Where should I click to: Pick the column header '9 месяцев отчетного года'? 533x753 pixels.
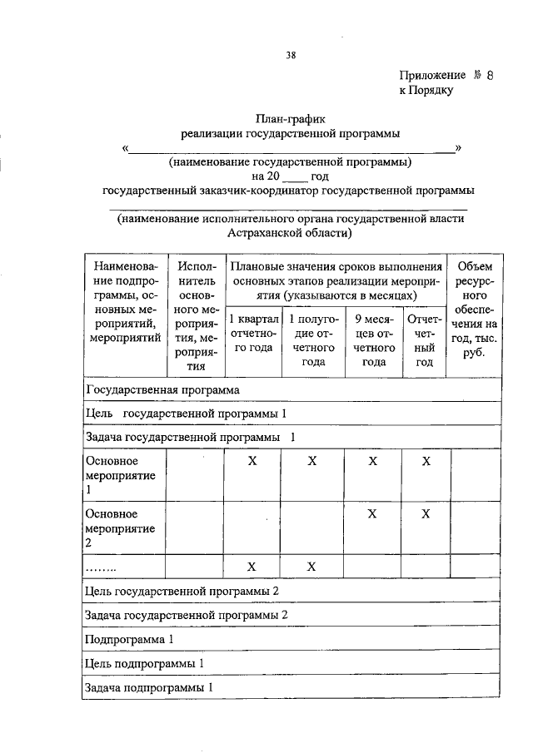[374, 339]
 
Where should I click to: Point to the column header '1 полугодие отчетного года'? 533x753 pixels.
[312, 339]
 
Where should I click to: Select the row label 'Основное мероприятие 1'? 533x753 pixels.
[112, 474]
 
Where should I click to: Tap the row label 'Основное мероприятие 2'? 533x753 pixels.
[112, 528]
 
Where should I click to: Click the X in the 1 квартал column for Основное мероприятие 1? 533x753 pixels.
[252, 461]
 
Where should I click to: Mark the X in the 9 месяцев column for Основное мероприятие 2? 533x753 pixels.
[373, 514]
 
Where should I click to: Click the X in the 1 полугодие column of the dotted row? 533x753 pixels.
[312, 567]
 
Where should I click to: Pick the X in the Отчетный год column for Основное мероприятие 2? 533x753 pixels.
[426, 514]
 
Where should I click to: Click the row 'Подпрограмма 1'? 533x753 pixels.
[130, 639]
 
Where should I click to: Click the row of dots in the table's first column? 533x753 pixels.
[101, 567]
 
